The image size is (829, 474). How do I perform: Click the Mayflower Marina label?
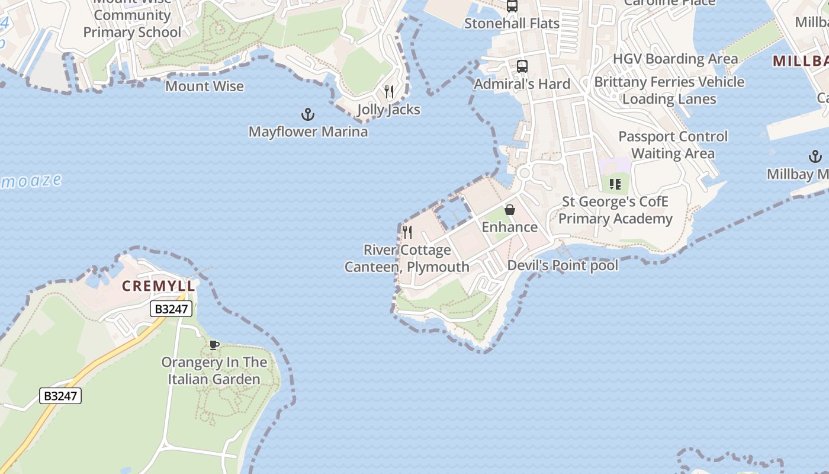[x=308, y=132]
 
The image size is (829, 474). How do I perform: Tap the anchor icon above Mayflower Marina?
[x=308, y=114]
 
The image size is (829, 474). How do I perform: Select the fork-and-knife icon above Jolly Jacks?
[x=389, y=92]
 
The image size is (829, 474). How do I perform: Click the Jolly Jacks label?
[x=388, y=110]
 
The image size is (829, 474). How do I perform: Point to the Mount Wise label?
[x=204, y=87]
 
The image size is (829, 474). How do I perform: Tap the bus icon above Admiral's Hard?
[x=522, y=66]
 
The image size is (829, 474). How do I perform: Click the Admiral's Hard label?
[x=522, y=84]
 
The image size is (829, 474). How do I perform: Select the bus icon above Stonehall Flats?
[x=512, y=7]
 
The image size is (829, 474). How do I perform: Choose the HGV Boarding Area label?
[x=675, y=59]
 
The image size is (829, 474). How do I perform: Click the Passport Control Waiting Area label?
[x=673, y=145]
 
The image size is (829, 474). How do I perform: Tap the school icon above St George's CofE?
[x=615, y=184]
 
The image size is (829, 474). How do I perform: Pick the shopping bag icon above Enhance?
[x=509, y=210]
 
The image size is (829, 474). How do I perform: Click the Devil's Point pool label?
[x=563, y=265]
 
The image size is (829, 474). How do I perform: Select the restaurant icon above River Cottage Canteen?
[x=407, y=232]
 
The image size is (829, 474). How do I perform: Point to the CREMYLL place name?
[x=158, y=286]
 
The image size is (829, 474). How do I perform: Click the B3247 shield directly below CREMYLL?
[x=171, y=309]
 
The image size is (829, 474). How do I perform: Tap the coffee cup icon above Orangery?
[x=214, y=345]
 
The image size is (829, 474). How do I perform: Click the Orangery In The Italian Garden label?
[x=214, y=371]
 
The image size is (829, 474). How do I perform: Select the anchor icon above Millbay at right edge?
[x=815, y=157]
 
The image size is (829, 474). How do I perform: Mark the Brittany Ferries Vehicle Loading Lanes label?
[x=669, y=91]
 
